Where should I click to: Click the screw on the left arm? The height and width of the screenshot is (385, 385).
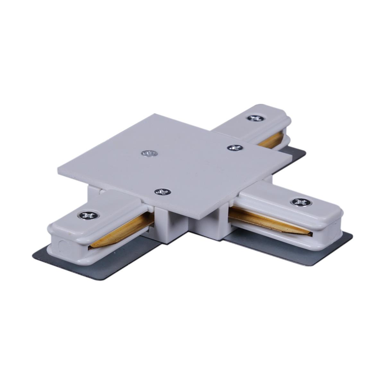point(88,215)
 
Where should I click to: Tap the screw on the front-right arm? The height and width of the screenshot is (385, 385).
point(301,202)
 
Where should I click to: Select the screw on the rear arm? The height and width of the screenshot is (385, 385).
point(255,118)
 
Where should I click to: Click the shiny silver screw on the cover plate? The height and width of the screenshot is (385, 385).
point(149,154)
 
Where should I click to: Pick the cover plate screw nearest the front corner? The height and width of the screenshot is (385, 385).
point(163,192)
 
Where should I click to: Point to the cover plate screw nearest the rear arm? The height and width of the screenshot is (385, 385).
point(235,148)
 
